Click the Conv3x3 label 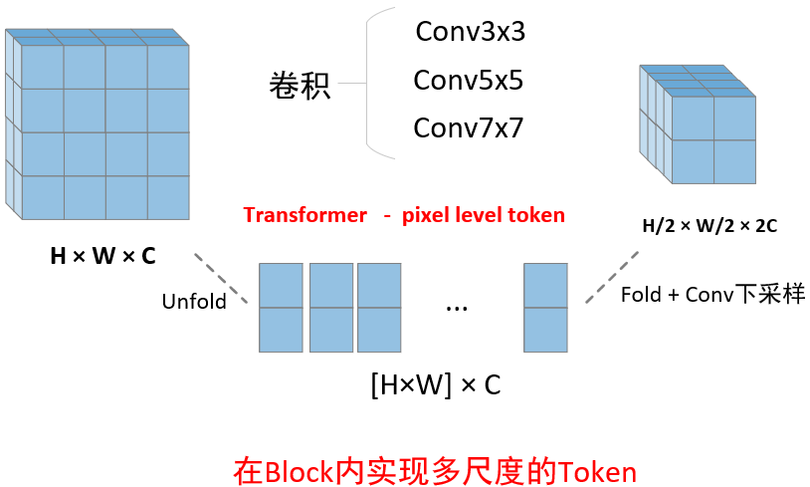pos(470,32)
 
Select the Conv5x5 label pos(468,80)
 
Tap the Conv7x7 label pos(468,127)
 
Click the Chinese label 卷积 pos(300,86)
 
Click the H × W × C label pos(102,256)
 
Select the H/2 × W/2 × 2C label pos(709,226)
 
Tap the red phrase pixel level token pos(483,215)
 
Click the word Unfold pos(194,301)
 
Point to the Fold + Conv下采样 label pos(712,295)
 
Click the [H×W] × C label pos(435,385)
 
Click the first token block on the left pos(280,307)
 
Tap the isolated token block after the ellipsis pos(545,307)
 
